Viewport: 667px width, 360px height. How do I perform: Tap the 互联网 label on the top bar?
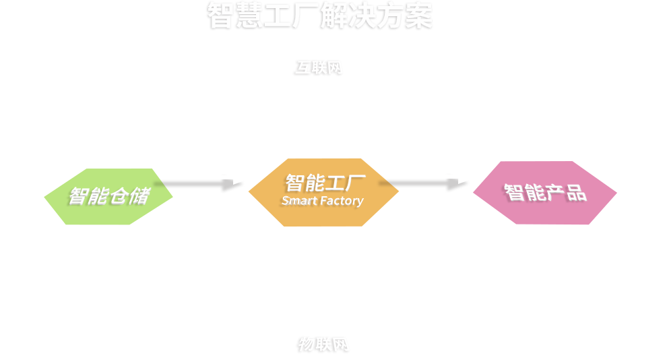[318, 67]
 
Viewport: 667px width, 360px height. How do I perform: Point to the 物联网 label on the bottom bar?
[323, 344]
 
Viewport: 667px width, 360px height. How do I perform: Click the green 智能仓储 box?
[108, 196]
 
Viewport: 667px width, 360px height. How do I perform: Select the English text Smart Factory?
[323, 201]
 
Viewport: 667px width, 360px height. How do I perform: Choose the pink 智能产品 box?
[544, 193]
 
